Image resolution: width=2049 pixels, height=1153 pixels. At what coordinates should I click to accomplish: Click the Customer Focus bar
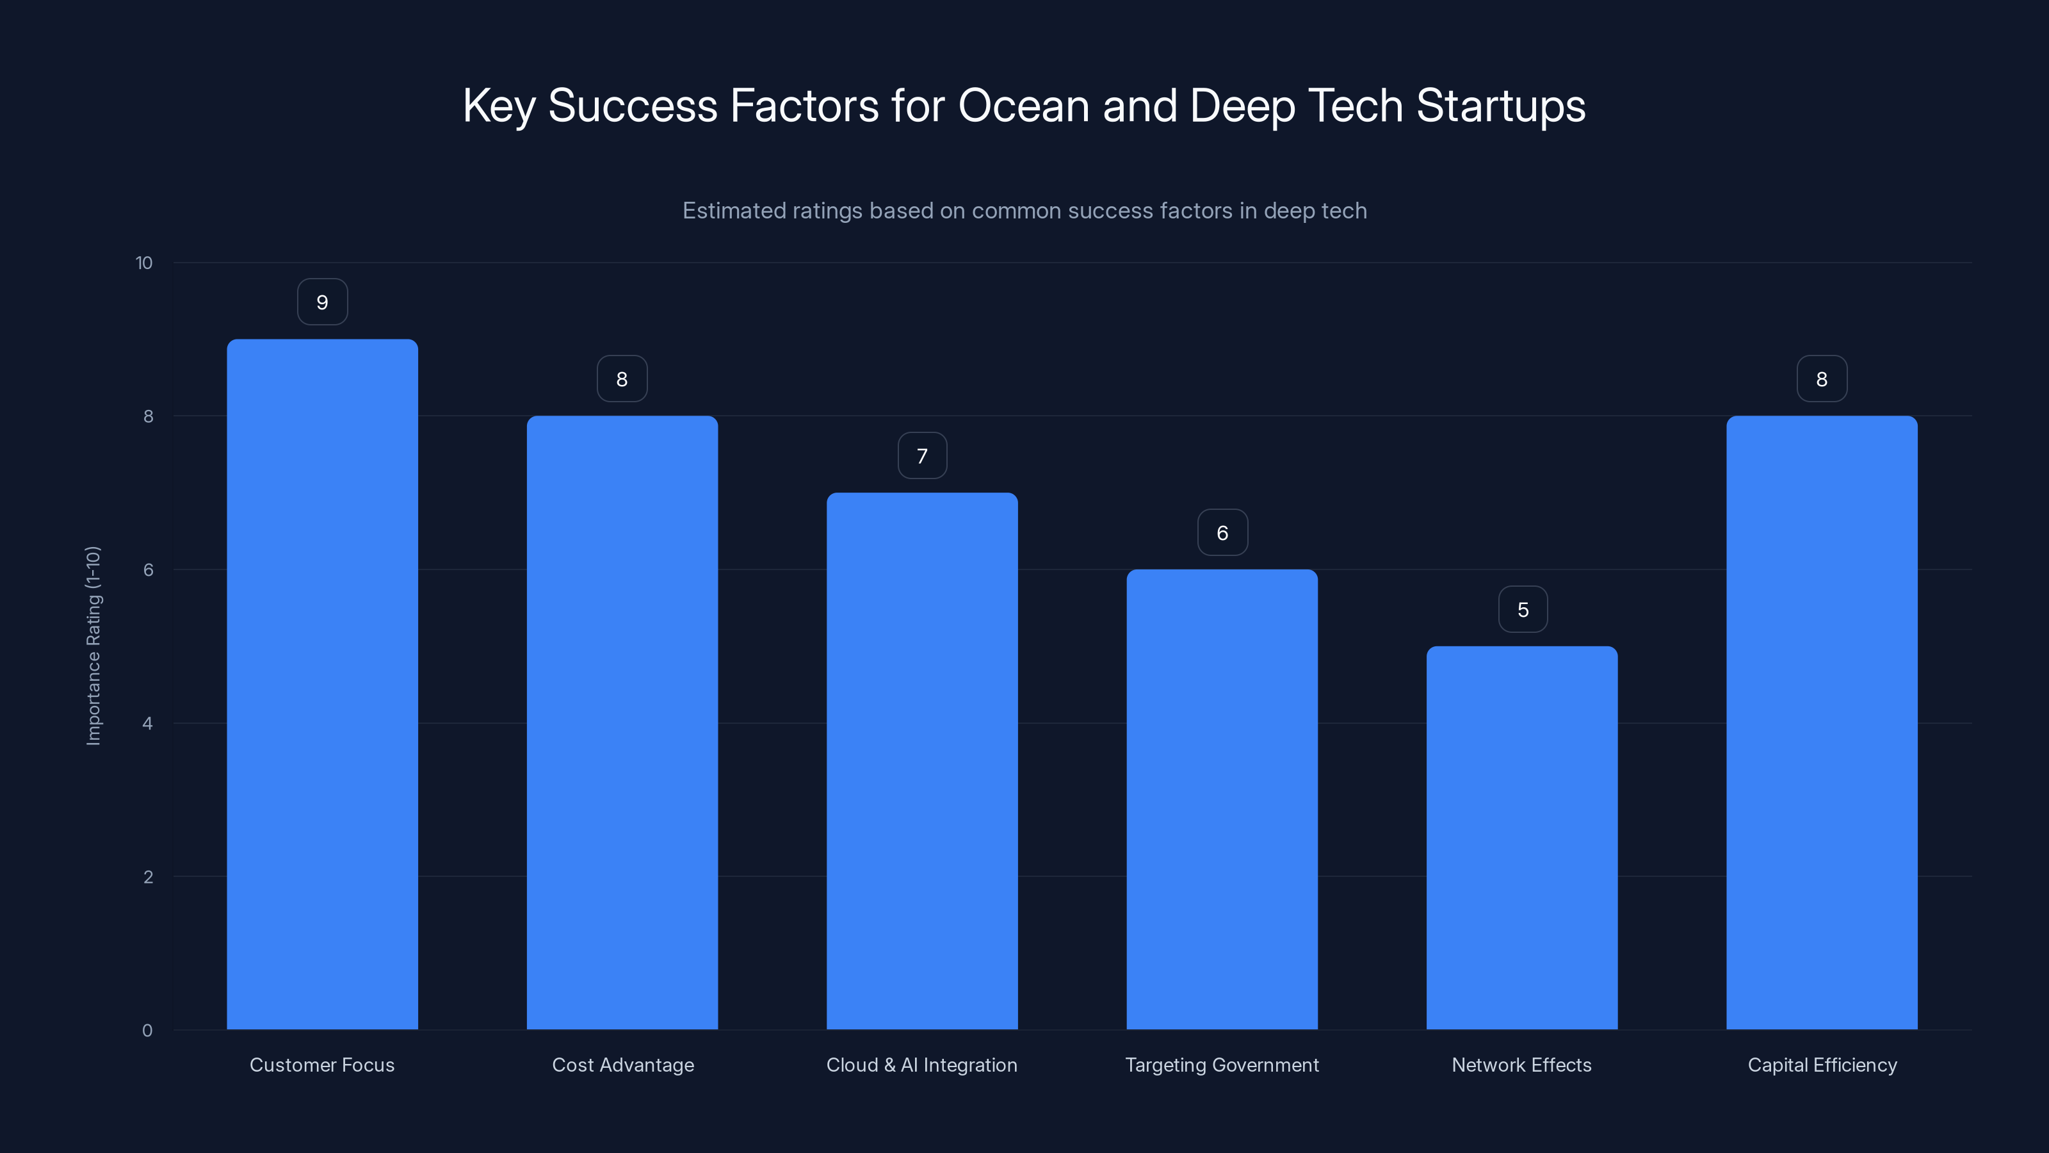point(322,684)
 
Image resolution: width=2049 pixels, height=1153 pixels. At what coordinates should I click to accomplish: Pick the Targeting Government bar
point(1222,799)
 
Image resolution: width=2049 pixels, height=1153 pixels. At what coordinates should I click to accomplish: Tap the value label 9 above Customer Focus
point(322,302)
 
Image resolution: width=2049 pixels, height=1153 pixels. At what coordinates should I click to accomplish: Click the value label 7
point(922,456)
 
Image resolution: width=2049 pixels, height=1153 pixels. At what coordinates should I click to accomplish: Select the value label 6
point(1222,532)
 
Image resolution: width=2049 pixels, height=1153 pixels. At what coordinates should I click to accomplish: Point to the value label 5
point(1523,610)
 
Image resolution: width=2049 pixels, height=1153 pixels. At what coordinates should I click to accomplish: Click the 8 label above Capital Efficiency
point(1822,379)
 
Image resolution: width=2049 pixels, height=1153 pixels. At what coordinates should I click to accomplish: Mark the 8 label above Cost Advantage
point(622,379)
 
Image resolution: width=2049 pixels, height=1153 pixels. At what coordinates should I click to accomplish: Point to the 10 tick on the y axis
point(144,263)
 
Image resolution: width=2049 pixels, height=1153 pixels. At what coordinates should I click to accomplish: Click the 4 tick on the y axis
point(147,723)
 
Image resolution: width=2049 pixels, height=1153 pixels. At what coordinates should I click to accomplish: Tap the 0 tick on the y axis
point(147,1031)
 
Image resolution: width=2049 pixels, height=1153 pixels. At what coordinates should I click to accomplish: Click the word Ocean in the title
point(1023,105)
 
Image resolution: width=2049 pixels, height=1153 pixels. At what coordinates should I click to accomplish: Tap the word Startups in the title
point(1500,105)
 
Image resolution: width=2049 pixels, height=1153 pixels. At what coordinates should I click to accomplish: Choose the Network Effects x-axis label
point(1521,1065)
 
